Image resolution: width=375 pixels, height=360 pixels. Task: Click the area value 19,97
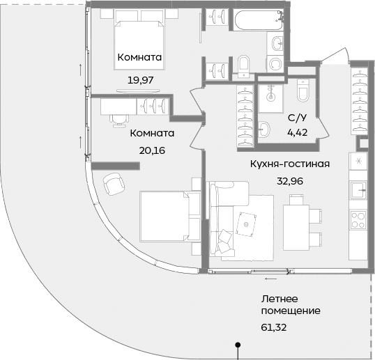pos(140,80)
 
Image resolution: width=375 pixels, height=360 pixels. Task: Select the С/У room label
pos(296,118)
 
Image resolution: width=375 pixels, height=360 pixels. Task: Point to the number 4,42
pos(296,130)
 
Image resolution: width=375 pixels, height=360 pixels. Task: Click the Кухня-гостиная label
pos(289,164)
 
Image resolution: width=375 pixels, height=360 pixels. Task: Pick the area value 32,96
pos(289,180)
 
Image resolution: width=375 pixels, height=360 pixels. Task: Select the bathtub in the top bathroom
pos(254,20)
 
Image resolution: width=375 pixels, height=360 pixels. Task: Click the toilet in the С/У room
pos(303,91)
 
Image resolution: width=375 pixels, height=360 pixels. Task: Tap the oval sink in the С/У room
pos(265,129)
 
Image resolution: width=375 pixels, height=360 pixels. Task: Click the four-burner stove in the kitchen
pos(358,221)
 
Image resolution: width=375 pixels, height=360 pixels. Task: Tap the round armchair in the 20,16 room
pos(112,185)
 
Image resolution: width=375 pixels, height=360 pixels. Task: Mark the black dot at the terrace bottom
pos(238,344)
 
